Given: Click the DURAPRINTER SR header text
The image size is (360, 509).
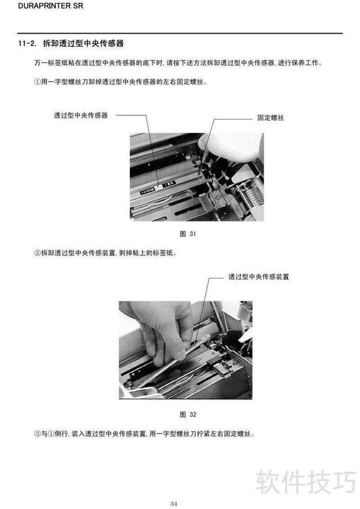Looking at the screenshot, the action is [51, 6].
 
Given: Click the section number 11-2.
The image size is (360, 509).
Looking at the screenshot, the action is [27, 44].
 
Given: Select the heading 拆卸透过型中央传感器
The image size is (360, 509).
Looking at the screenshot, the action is [83, 44].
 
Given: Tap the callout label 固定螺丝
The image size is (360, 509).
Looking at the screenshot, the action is [270, 117].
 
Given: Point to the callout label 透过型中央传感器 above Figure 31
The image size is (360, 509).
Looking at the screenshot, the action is [81, 115].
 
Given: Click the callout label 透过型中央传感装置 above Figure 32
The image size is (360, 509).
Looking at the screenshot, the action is [258, 277].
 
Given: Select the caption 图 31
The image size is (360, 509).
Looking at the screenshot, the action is [188, 234].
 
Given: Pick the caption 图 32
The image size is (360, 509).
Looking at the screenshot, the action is [188, 414].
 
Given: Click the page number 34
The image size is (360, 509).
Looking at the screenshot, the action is [174, 504].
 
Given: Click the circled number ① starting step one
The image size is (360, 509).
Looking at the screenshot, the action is [38, 82].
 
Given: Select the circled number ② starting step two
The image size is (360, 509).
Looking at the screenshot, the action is [38, 253].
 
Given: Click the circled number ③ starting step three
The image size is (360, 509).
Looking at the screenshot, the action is [38, 434].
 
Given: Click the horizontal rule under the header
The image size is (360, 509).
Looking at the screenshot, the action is [180, 33].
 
